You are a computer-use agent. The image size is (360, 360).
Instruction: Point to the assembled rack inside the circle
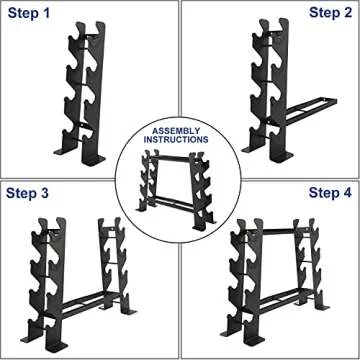(180, 178)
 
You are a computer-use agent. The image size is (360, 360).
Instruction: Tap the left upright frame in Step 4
(240, 275)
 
